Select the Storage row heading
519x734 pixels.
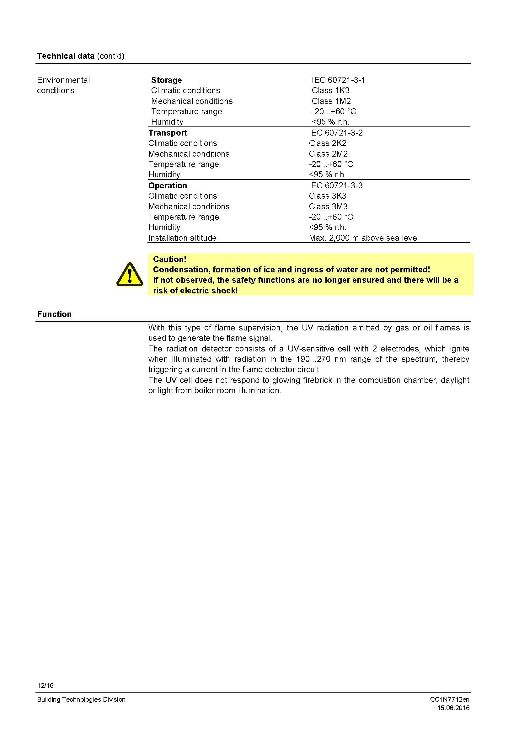tap(166, 80)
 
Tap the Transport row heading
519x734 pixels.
tap(168, 133)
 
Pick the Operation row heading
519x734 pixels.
tap(168, 185)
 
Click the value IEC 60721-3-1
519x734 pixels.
tap(338, 80)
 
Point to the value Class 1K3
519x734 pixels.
tap(330, 90)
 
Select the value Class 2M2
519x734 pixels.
tap(328, 154)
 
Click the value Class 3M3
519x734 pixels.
tap(328, 206)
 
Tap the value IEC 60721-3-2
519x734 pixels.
tap(335, 133)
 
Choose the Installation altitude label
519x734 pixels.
tap(182, 238)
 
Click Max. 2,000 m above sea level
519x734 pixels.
tap(364, 238)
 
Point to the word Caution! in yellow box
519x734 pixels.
tap(169, 259)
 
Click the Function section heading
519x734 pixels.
tap(54, 314)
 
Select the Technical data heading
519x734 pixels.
tap(66, 56)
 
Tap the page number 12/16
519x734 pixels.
tap(45, 685)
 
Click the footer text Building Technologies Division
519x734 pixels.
tap(81, 699)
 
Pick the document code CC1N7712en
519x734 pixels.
tap(450, 699)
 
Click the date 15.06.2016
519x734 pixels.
tap(453, 708)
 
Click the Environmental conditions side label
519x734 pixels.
tap(63, 85)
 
